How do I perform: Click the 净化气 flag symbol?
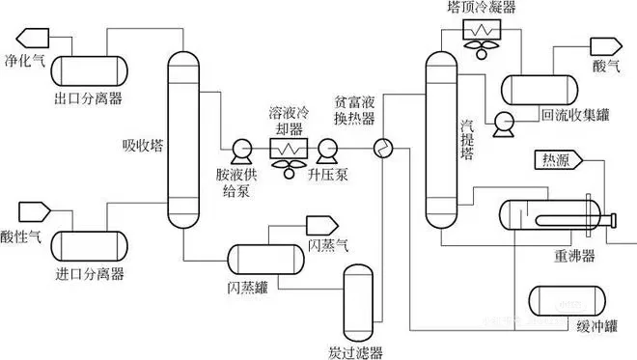[x=30, y=39]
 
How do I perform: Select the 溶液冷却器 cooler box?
[x=287, y=149]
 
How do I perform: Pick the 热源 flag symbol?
[x=551, y=162]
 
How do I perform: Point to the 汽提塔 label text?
[x=470, y=140]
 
